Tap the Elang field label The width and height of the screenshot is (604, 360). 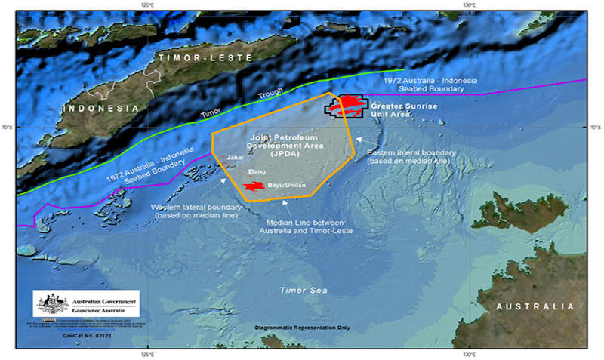point(256,171)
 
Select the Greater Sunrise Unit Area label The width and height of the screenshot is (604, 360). point(404,110)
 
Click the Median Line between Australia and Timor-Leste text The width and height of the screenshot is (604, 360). point(310,226)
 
